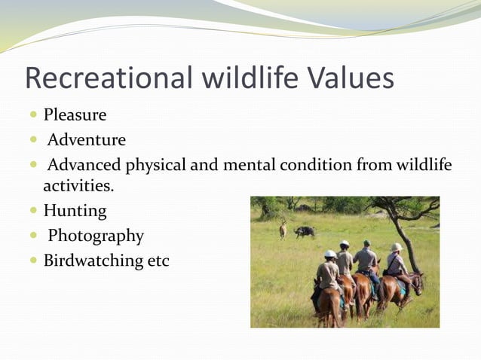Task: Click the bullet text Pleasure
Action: click(x=75, y=115)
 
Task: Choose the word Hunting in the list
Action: click(x=75, y=211)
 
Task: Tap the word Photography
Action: click(x=96, y=236)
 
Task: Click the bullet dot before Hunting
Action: click(x=34, y=212)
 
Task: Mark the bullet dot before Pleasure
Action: click(x=34, y=116)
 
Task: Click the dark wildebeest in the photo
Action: click(x=305, y=231)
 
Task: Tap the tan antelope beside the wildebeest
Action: click(x=283, y=228)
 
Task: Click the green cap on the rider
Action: click(x=366, y=243)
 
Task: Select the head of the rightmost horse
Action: click(x=418, y=282)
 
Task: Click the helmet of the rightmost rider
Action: click(x=396, y=247)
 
